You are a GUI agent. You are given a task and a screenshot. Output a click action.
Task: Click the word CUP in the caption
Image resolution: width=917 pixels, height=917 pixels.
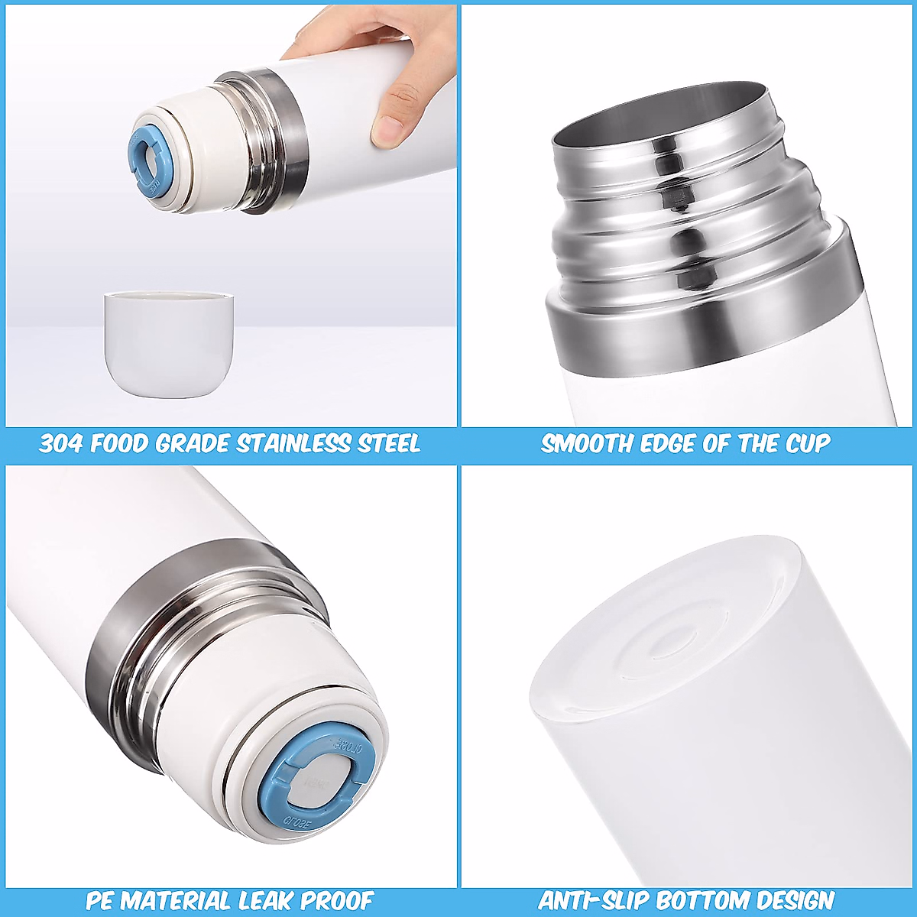[805, 443]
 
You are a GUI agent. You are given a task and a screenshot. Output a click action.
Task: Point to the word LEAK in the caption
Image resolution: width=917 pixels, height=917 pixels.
[267, 900]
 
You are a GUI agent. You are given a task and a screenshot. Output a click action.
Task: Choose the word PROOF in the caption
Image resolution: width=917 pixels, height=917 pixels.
[336, 900]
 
